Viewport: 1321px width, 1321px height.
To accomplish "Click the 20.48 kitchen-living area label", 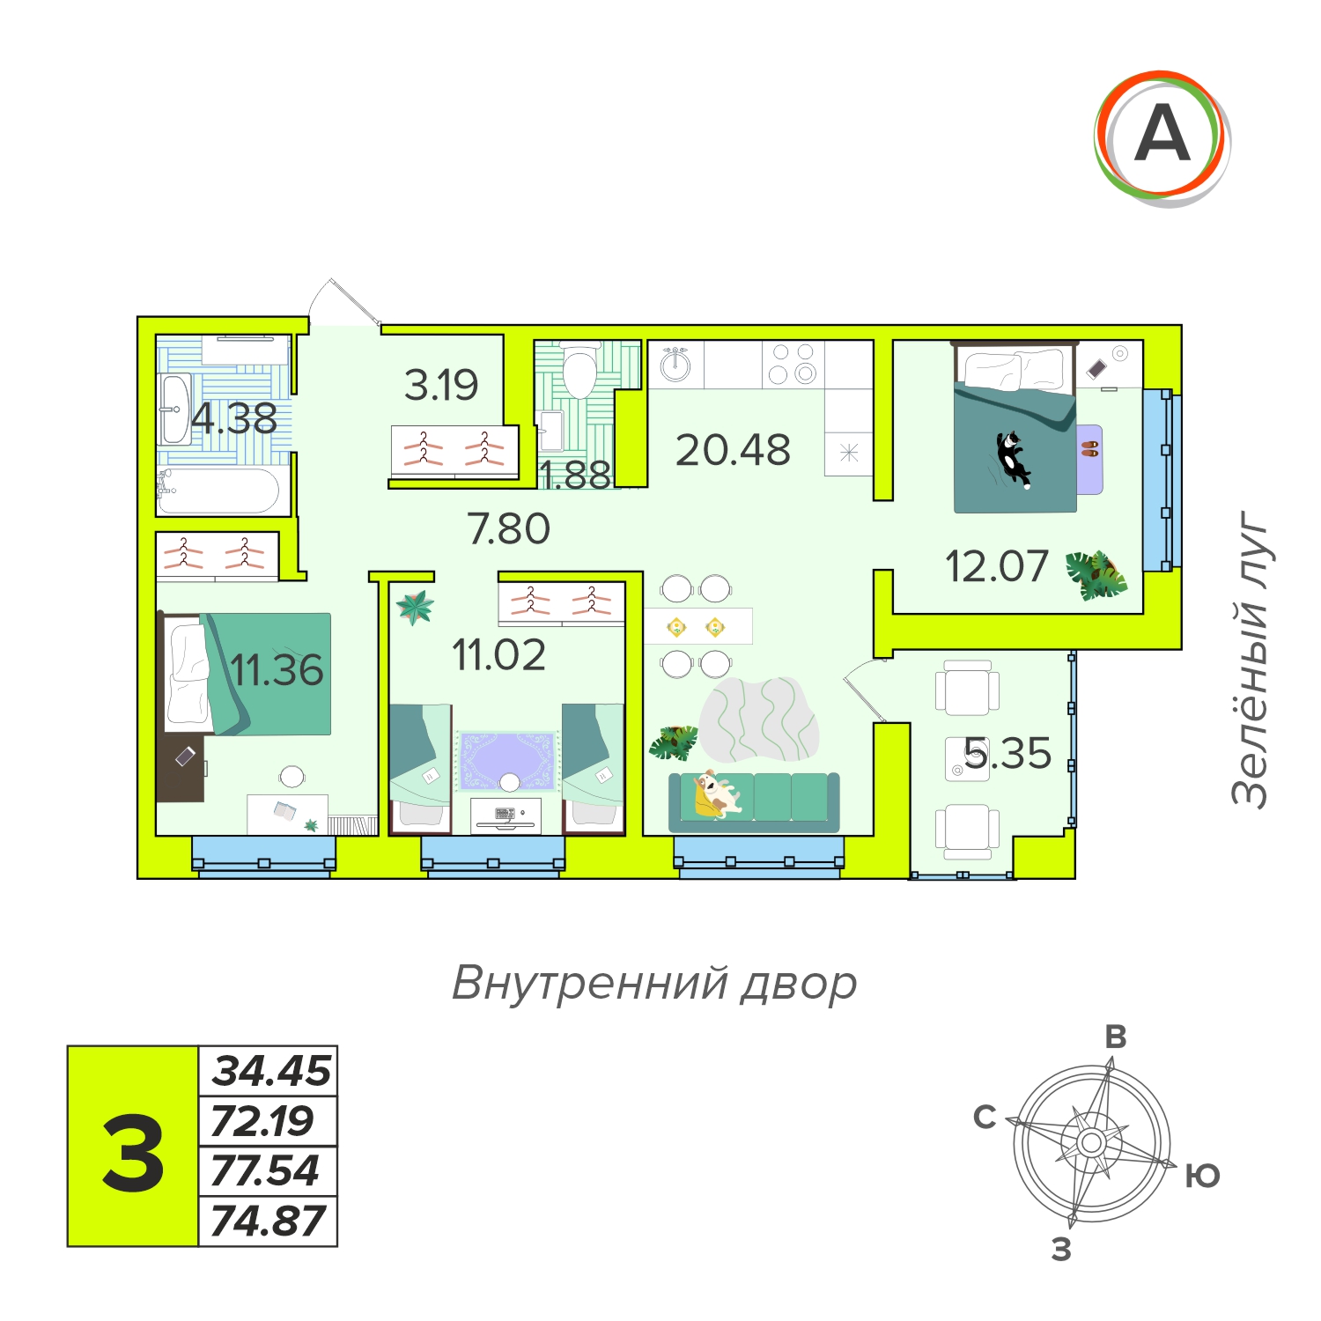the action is point(733,450).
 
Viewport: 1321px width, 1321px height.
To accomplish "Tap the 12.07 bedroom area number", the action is point(997,566).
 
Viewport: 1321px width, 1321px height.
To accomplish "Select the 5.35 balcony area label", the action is point(1007,754).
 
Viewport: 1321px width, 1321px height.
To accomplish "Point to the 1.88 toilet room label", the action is point(574,476).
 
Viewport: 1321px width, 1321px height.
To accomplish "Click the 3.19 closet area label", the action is point(441,385).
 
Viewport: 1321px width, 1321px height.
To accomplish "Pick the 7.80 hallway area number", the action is point(509,528).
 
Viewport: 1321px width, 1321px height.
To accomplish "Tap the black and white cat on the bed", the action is point(1014,457).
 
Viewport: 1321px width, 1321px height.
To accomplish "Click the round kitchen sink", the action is point(676,364).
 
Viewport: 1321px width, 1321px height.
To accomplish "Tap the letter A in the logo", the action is point(1162,134).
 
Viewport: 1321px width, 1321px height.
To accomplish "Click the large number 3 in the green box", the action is point(133,1152).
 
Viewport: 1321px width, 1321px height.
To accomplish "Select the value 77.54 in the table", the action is point(265,1171).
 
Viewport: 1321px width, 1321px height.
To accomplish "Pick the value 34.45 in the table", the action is point(271,1071).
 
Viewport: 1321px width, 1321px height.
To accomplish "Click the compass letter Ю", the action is point(1202,1176).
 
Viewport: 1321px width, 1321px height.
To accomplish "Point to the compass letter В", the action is point(1116,1037).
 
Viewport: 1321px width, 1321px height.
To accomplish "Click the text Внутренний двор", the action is point(654,984).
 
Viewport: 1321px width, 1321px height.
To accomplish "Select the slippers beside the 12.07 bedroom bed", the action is point(1090,447).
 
